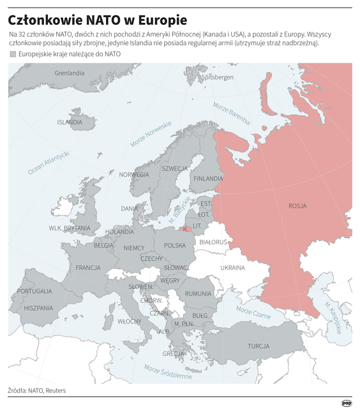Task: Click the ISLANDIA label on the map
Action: point(70,122)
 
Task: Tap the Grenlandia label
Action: point(70,73)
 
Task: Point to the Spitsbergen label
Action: point(218,77)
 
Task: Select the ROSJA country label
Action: point(297,206)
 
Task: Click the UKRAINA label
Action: point(232,267)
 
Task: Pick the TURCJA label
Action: point(259,346)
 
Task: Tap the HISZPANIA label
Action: point(38,307)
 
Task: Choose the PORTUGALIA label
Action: point(34,291)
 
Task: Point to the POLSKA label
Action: point(175,245)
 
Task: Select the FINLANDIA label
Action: point(208,178)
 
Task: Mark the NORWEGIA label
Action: point(134,174)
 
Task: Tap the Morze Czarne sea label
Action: point(253,312)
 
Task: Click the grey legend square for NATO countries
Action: point(13,54)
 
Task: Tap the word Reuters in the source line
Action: point(55,390)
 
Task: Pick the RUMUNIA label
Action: point(198,293)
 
